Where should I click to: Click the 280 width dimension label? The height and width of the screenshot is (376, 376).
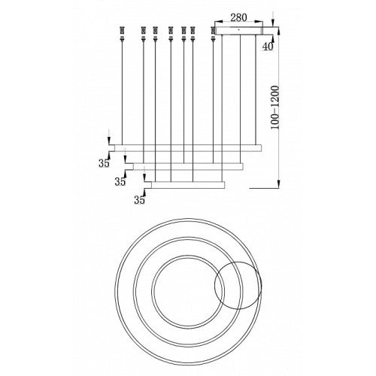pyautogui.click(x=238, y=17)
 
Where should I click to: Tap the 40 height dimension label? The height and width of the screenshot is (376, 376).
pyautogui.click(x=268, y=47)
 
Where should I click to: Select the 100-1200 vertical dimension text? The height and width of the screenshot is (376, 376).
pyautogui.click(x=275, y=108)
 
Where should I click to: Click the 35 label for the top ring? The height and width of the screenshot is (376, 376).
pyautogui.click(x=104, y=163)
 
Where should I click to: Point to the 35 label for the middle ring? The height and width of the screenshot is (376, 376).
pyautogui.click(x=120, y=181)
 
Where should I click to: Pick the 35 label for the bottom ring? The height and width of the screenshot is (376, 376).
pyautogui.click(x=139, y=200)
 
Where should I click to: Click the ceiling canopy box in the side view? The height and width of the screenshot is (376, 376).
pyautogui.click(x=240, y=30)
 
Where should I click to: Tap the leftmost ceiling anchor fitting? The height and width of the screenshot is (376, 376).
pyautogui.click(x=122, y=34)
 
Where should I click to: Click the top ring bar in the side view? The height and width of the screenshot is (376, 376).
pyautogui.click(x=188, y=148)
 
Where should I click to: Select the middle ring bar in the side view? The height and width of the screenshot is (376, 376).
pyautogui.click(x=188, y=166)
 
